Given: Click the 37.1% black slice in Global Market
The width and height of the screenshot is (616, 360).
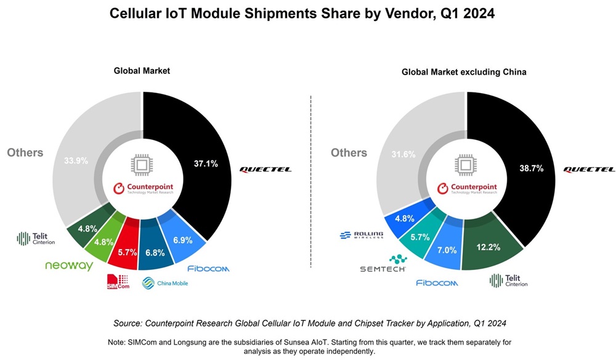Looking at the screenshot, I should coord(203,163).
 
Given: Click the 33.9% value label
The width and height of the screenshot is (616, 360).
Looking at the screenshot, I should coord(76,160).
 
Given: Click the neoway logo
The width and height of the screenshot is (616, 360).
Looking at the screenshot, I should coord(69,266).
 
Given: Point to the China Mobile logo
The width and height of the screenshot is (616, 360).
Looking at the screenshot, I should coord(164,283).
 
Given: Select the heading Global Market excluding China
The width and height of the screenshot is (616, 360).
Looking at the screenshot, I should coord(464,72).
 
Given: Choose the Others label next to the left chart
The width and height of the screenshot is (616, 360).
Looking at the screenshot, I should coord(25,152).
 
